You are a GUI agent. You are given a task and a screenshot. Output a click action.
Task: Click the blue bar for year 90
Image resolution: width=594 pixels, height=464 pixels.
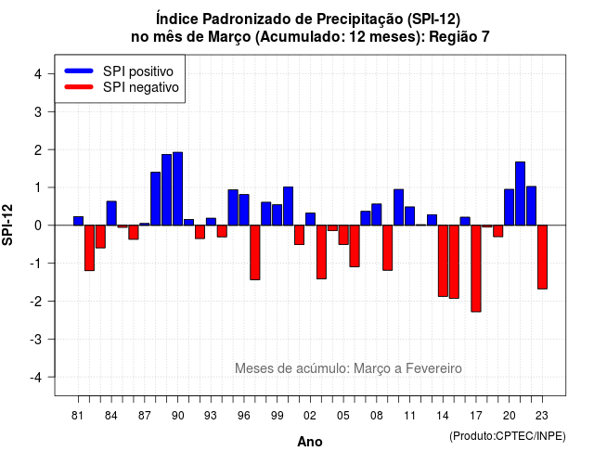click(177, 188)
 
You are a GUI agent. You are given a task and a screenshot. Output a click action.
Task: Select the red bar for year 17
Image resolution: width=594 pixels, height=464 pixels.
click(476, 268)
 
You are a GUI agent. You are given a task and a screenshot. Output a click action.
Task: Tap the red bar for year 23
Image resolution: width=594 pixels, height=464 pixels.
click(542, 257)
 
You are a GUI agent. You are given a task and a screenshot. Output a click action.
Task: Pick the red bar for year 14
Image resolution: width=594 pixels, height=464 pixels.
click(443, 261)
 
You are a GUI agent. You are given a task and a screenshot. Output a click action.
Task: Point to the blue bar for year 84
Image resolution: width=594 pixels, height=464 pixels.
click(111, 213)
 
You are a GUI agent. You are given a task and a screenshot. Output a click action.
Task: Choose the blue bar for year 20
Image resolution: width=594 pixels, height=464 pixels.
click(510, 207)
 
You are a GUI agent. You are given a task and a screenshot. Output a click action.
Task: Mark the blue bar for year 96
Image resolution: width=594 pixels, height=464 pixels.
click(244, 210)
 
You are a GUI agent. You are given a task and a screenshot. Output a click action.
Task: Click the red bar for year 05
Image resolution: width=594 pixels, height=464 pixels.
click(343, 235)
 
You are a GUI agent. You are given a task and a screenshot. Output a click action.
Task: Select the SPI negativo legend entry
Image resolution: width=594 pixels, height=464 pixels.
click(122, 87)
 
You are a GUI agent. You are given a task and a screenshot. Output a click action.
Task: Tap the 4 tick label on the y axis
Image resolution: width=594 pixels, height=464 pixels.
click(38, 74)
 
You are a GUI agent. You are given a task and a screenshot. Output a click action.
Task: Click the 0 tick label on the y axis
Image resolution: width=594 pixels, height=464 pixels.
click(38, 226)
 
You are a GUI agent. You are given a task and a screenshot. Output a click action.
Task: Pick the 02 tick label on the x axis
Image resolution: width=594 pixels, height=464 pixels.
click(310, 416)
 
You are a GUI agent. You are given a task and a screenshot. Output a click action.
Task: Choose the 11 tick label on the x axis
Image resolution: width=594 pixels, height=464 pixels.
click(409, 416)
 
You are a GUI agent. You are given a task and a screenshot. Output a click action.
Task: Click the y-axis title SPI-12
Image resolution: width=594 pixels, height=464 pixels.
click(7, 225)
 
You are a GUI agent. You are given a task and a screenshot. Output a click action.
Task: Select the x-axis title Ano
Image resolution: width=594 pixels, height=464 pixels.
click(310, 442)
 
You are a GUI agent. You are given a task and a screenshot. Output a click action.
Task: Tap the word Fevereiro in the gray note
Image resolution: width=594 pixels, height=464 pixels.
click(433, 368)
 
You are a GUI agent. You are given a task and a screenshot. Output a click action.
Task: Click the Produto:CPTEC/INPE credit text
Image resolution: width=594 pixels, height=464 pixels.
click(508, 436)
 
